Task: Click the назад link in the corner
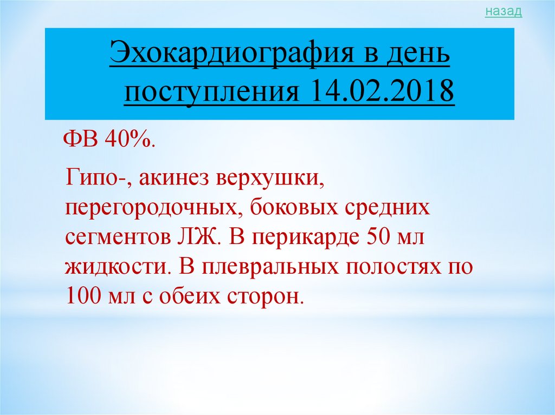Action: point(504,11)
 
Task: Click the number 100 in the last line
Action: point(82,297)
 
